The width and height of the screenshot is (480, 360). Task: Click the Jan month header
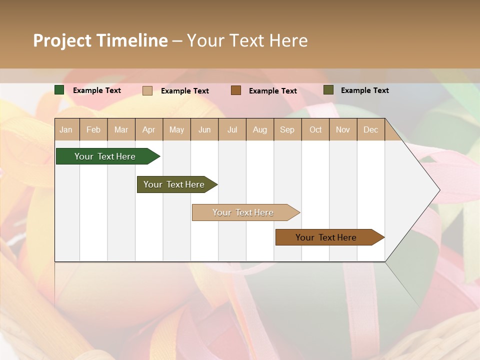coord(66,129)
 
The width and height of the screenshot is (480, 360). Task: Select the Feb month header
coord(93,129)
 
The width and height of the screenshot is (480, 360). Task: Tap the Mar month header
coord(121,129)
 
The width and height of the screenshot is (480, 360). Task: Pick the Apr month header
coord(149,129)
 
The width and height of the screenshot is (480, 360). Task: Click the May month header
coord(176,129)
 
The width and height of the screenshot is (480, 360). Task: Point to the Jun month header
coord(204,129)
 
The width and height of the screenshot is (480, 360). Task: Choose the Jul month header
coord(232,129)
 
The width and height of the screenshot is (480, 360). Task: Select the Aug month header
coord(260,129)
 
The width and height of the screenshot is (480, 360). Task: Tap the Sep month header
coord(287,129)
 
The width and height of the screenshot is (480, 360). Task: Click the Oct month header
coord(315,129)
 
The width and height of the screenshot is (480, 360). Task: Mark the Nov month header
coord(343,129)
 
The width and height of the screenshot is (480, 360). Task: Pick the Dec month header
coord(371,129)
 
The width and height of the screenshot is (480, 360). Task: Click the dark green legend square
coord(59,90)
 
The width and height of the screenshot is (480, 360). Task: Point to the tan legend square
coord(147,90)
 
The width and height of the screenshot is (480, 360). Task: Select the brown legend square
coord(236,90)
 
